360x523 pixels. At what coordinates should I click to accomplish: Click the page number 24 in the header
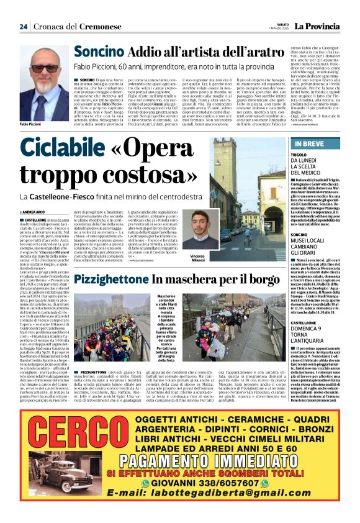point(23,27)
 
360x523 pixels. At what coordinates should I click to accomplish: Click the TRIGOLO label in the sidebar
point(298,154)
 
